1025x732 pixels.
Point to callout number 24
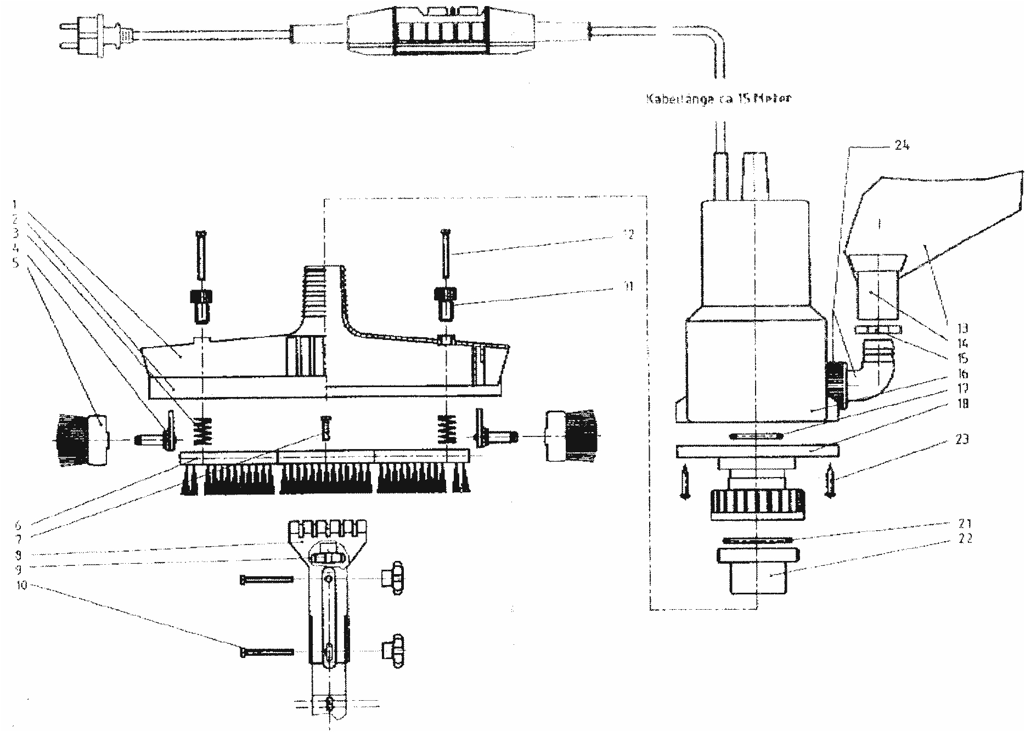(x=902, y=146)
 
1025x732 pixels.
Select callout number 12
(x=628, y=235)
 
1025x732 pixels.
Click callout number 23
(x=962, y=439)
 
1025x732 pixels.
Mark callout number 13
(x=962, y=328)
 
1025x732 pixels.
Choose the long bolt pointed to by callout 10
(x=267, y=652)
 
